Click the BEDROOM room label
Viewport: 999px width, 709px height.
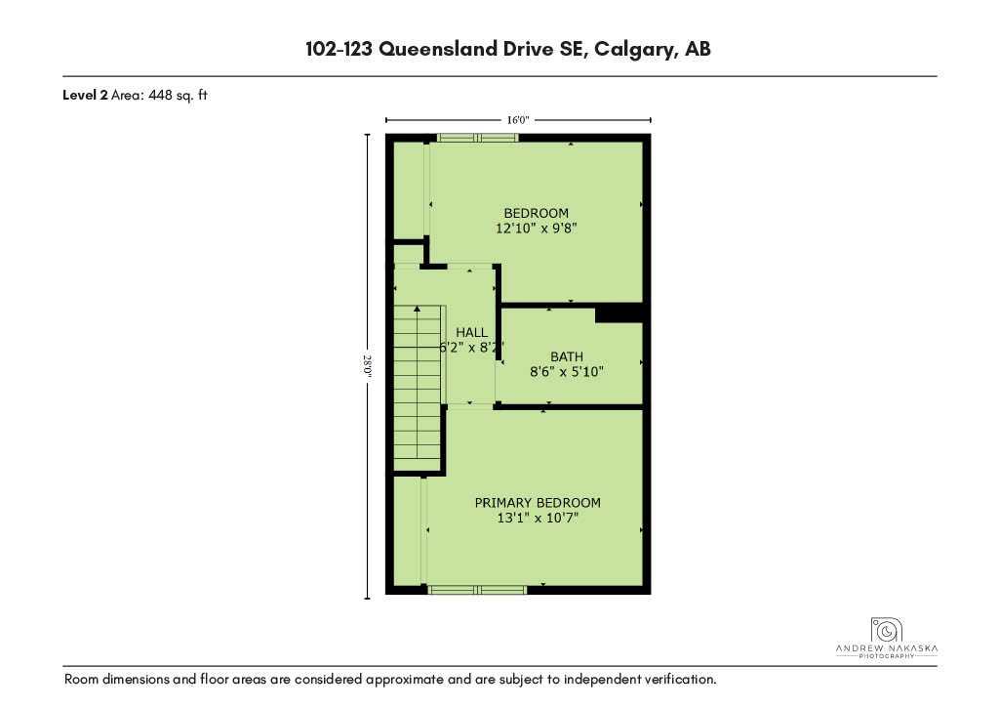point(536,213)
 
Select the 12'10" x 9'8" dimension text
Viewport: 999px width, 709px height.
point(536,229)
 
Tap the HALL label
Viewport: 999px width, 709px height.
point(471,332)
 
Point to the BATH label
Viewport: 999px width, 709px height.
point(567,356)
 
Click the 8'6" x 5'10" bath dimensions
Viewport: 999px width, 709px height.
point(567,372)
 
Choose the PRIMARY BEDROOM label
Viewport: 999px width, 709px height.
point(538,502)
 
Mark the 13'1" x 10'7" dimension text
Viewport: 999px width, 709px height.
point(538,518)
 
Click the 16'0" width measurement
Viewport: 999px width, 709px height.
point(518,120)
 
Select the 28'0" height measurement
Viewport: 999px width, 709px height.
point(368,366)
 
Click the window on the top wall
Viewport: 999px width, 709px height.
point(478,138)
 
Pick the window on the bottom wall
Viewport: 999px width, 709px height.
point(477,590)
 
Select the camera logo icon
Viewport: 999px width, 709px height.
point(886,629)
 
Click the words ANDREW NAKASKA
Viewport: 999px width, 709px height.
point(887,649)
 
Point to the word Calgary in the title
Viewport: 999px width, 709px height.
point(633,49)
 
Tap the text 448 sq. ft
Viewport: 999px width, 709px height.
point(178,96)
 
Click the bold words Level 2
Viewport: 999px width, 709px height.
point(85,96)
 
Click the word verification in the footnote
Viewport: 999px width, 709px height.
point(682,680)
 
